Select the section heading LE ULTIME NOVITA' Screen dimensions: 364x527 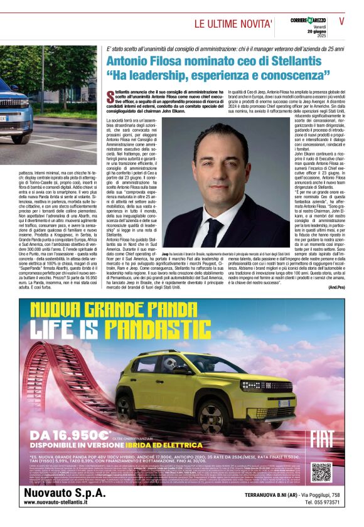[x=233, y=24]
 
